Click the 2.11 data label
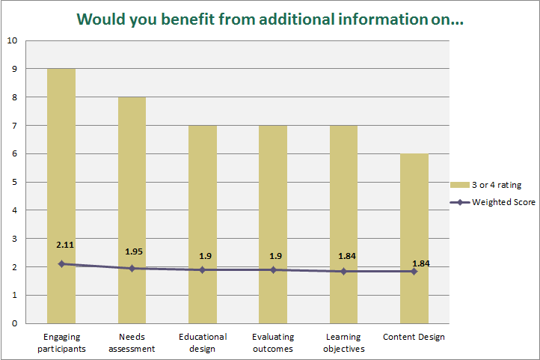tap(64, 244)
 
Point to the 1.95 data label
tap(132, 251)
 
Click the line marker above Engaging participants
tap(62, 263)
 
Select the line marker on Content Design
tap(414, 271)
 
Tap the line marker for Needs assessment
tap(132, 268)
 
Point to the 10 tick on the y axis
tap(13, 40)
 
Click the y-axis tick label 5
tap(15, 182)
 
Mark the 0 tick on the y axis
tap(15, 323)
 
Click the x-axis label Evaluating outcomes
tap(273, 342)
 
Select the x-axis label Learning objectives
tap(343, 342)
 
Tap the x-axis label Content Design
tap(414, 337)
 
